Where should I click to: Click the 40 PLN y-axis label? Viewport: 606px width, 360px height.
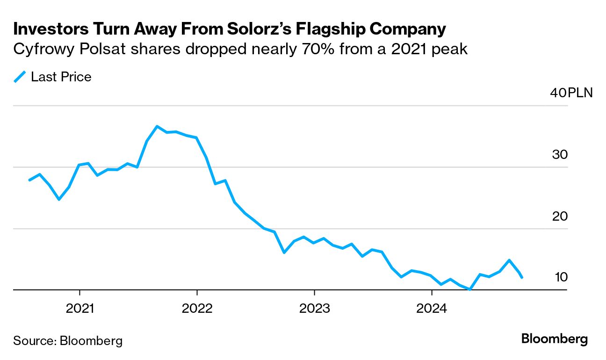pyautogui.click(x=571, y=93)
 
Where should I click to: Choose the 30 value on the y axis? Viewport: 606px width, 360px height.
pyautogui.click(x=560, y=155)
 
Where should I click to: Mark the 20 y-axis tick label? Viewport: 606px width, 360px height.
pyautogui.click(x=560, y=216)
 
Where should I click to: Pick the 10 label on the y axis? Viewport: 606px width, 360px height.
pyautogui.click(x=561, y=277)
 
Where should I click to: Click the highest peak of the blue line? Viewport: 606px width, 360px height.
pyautogui.click(x=157, y=126)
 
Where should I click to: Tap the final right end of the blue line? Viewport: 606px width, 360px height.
pyautogui.click(x=521, y=278)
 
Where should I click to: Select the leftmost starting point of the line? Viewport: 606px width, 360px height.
pyautogui.click(x=29, y=180)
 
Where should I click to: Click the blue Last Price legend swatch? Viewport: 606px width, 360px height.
pyautogui.click(x=20, y=77)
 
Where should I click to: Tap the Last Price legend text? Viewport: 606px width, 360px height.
pyautogui.click(x=61, y=77)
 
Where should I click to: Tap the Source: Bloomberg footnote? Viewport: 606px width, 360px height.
pyautogui.click(x=68, y=340)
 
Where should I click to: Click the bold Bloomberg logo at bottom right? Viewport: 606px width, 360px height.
pyautogui.click(x=555, y=339)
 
